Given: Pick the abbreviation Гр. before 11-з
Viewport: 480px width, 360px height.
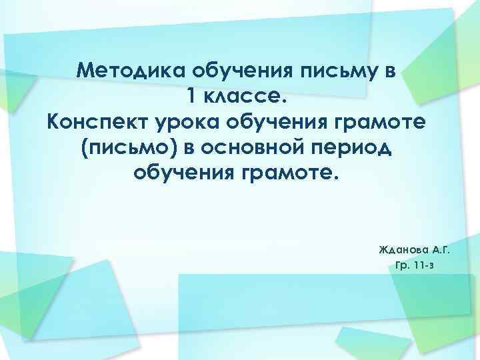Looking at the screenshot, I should click(x=403, y=265).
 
